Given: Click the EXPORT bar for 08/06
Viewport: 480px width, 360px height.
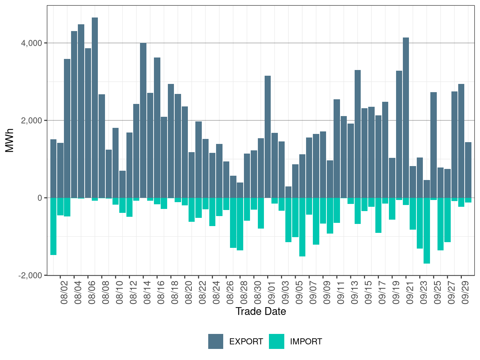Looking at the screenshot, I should click(x=95, y=107).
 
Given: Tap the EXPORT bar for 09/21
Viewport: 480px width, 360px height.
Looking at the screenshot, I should click(x=406, y=117).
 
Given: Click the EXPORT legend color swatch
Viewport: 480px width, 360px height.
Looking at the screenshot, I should click(x=216, y=341).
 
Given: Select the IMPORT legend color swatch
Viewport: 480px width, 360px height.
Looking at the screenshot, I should click(x=276, y=341).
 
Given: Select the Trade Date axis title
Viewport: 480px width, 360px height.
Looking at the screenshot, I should click(x=261, y=311).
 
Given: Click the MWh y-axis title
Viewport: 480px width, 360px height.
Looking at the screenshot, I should click(x=10, y=140).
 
